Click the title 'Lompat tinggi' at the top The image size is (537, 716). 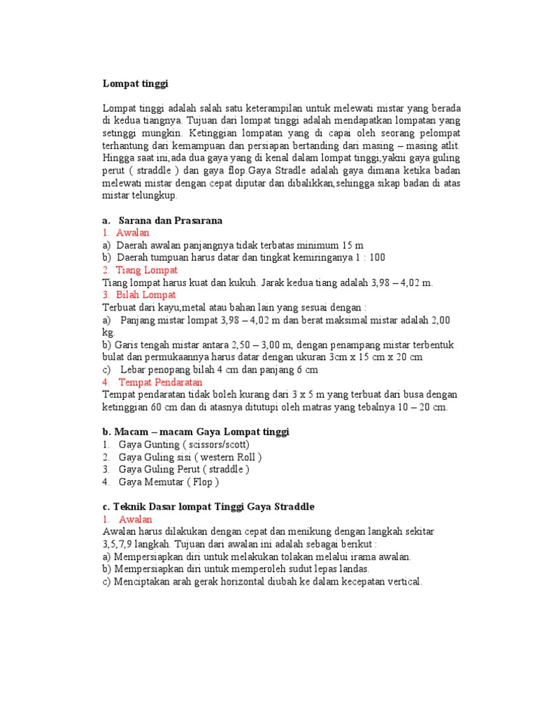pos(136,83)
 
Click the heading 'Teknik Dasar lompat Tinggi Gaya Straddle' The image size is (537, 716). pos(208,506)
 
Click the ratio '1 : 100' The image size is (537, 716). pos(368,257)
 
